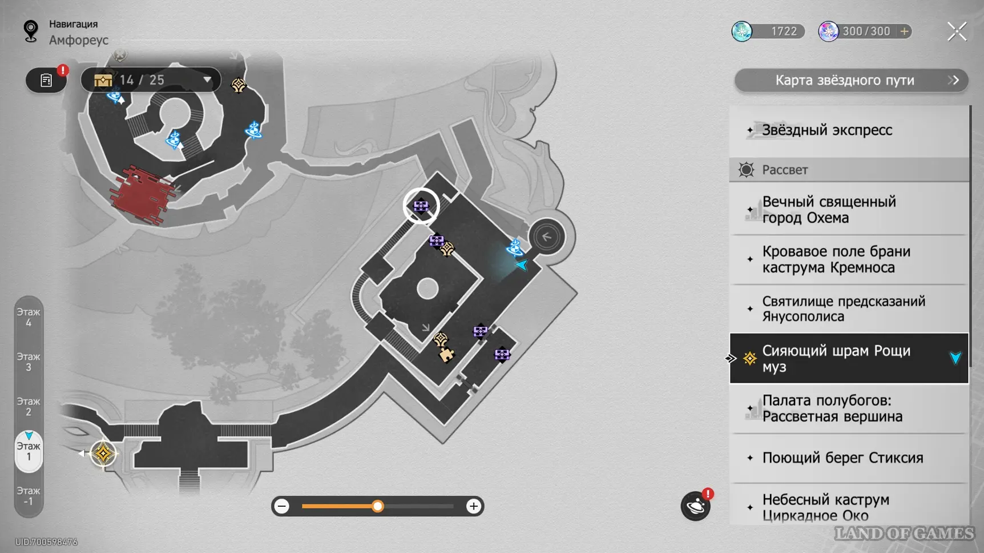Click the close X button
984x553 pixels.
(x=957, y=31)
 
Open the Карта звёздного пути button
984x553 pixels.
(x=850, y=81)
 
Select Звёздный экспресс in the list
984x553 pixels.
(x=826, y=130)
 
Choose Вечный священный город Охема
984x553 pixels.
(x=829, y=210)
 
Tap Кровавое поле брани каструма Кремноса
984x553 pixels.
(x=836, y=259)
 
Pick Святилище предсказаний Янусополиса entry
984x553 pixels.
(x=843, y=309)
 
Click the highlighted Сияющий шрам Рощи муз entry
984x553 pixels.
(x=836, y=359)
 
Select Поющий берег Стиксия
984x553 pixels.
(x=842, y=458)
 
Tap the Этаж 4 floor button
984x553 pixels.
(x=29, y=318)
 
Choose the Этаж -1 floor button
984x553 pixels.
(x=29, y=496)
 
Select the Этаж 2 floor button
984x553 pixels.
(x=29, y=407)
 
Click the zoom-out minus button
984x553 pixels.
(x=282, y=506)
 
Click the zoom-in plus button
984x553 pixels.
(x=473, y=506)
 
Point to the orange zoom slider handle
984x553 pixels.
(x=377, y=506)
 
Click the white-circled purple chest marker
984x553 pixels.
(x=421, y=206)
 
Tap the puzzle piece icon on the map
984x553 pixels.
(x=446, y=355)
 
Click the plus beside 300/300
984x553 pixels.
(x=904, y=31)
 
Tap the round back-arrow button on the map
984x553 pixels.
(x=546, y=237)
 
